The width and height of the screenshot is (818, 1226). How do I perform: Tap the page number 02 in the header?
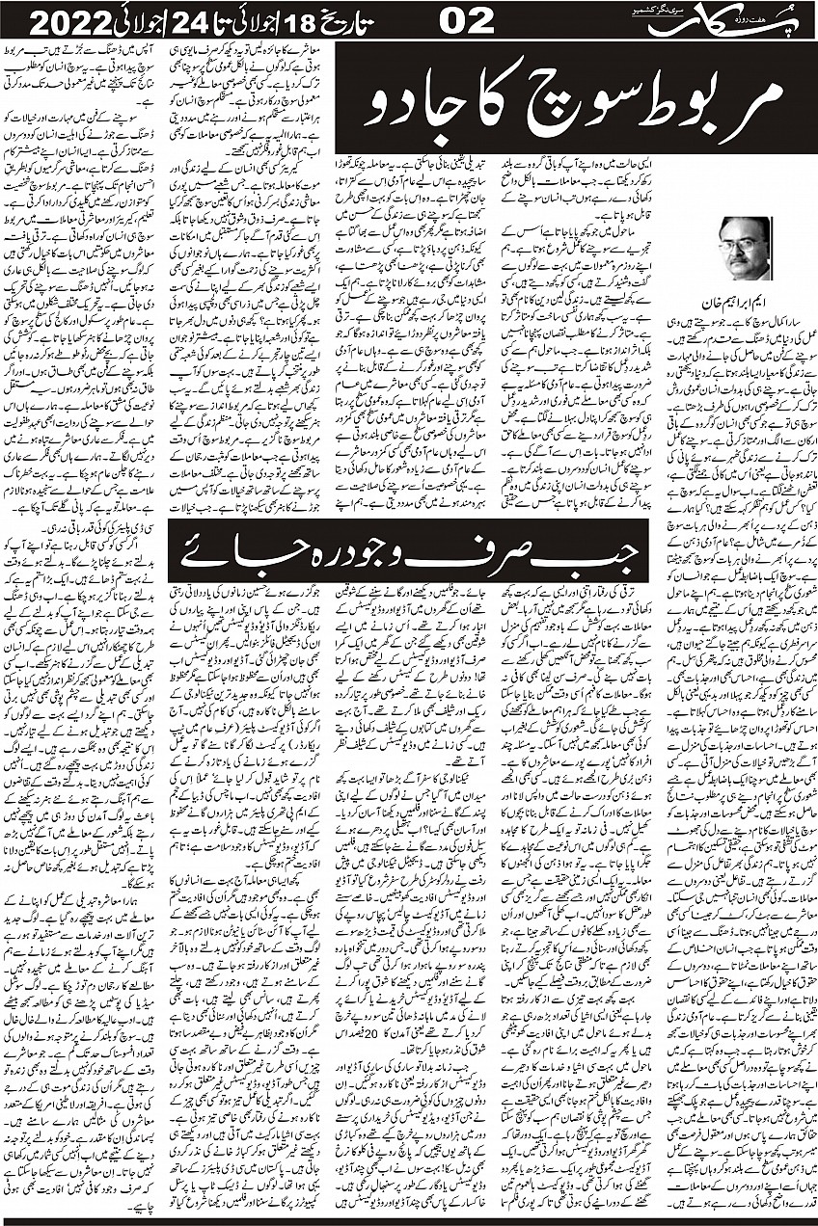click(x=468, y=18)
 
